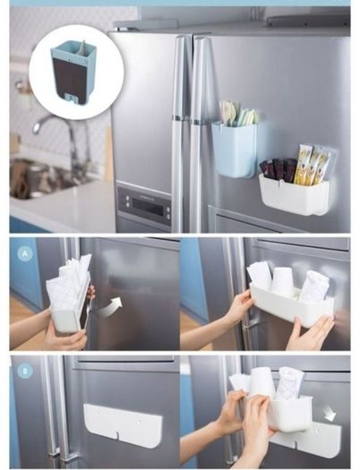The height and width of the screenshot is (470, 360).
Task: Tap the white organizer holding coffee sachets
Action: [294, 194]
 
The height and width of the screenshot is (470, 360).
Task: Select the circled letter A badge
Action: [25, 254]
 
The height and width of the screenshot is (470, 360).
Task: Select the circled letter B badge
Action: [25, 372]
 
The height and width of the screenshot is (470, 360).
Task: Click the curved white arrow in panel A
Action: [110, 308]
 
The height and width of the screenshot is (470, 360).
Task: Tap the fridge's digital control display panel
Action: [144, 204]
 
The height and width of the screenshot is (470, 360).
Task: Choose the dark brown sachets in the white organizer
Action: [279, 170]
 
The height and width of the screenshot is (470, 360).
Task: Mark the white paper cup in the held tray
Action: [282, 279]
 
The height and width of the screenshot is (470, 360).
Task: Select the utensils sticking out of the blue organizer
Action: [238, 114]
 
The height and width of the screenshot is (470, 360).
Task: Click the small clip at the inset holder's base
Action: [70, 98]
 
